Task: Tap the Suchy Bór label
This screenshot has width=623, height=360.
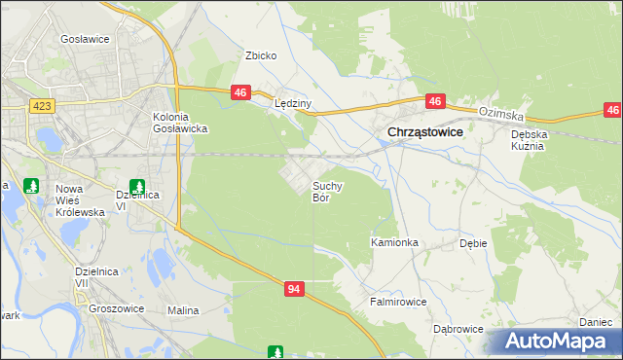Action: pos(327,191)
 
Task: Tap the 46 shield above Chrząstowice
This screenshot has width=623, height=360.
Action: pos(435,100)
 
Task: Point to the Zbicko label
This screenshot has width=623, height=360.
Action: pos(261,55)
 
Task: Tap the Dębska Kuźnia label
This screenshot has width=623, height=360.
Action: pos(531,139)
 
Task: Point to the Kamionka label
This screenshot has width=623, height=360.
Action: pos(394,241)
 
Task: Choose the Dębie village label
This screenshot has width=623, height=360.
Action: pos(472,244)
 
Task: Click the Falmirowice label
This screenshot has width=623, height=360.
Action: pos(398,302)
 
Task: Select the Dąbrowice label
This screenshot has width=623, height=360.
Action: pos(458,329)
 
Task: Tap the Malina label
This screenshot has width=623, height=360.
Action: pos(183,310)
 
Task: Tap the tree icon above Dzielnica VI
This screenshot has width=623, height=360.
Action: pos(137,185)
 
